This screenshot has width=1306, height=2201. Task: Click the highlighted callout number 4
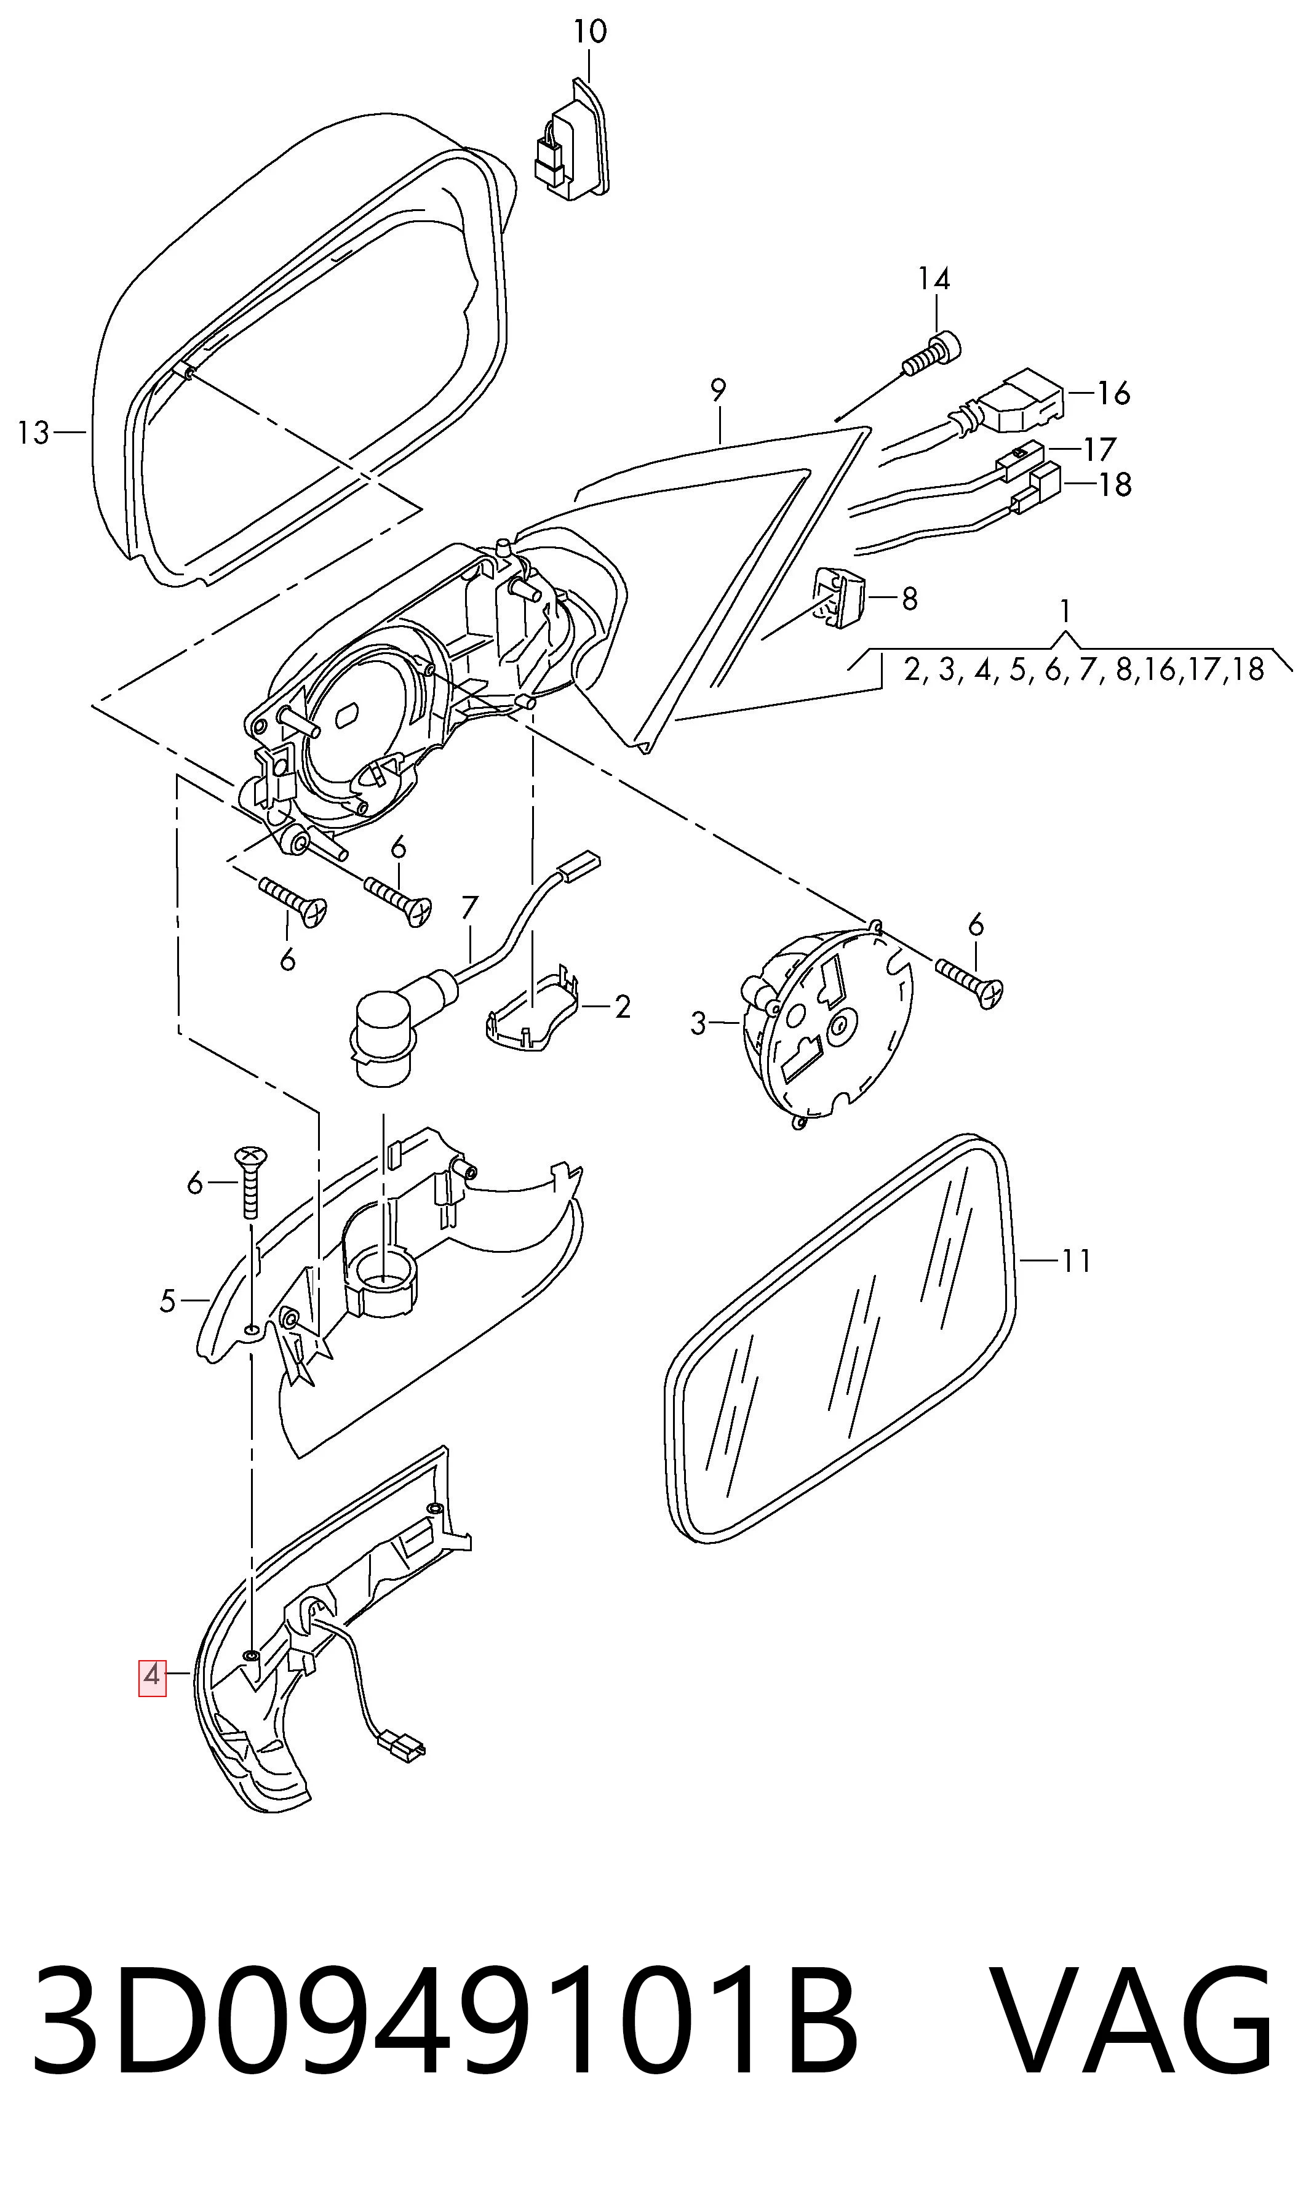tap(152, 1676)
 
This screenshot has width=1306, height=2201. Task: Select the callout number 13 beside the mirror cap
tap(33, 433)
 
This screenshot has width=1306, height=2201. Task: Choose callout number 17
tap(1099, 450)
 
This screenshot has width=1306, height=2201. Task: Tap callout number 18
tap(1115, 485)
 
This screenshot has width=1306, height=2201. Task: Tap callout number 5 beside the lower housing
tap(167, 1301)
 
